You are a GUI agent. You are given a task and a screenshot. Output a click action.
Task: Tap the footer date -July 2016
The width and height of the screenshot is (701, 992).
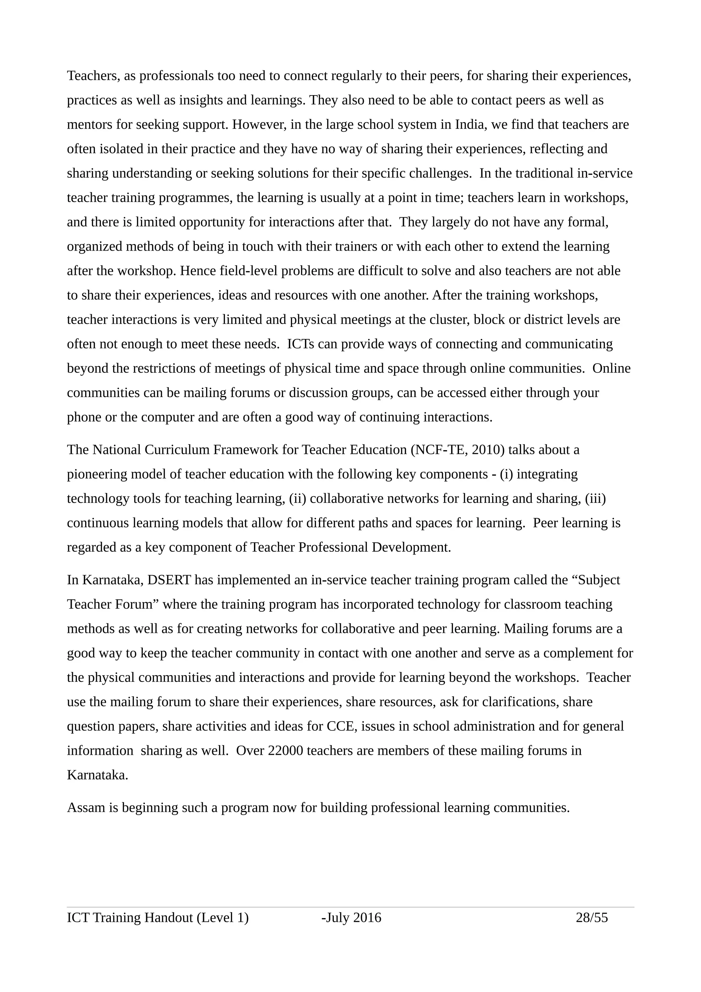pos(351,917)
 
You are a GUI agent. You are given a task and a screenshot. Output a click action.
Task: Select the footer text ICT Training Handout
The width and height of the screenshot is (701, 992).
pos(130,917)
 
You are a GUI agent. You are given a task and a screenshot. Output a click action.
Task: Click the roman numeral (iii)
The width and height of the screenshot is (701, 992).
pos(595,499)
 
